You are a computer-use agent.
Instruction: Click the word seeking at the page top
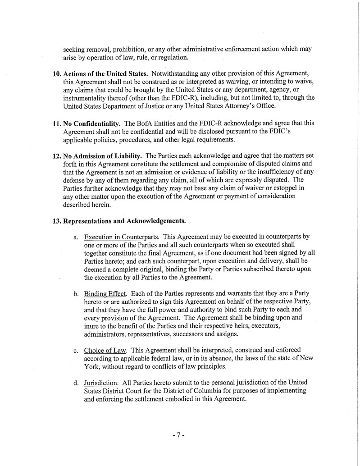(x=75, y=49)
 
